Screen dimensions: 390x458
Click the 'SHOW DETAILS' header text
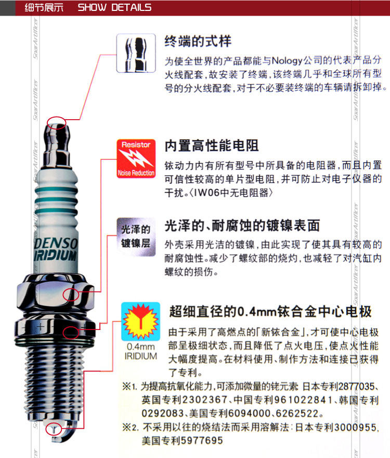[114, 7]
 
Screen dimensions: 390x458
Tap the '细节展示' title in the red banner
[44, 7]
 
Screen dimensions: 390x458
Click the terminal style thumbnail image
[136, 53]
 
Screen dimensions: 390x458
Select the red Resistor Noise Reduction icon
[136, 159]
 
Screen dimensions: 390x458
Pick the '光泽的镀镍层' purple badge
[136, 237]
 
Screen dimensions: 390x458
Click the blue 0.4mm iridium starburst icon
[141, 322]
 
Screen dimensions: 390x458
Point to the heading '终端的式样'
[198, 41]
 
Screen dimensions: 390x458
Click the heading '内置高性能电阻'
[212, 145]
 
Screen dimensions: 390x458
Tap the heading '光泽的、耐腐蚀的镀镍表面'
[242, 225]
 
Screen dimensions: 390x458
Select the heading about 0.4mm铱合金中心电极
[270, 311]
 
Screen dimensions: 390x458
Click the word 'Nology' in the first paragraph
[287, 61]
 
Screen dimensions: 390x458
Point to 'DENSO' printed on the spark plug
[56, 244]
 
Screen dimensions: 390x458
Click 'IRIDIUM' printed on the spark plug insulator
[55, 256]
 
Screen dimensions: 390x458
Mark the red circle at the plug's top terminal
[57, 123]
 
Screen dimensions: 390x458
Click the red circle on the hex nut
[71, 295]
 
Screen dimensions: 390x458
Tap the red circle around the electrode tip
[54, 429]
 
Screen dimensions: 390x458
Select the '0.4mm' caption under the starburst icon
[141, 347]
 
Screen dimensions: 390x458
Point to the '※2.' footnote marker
[131, 427]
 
